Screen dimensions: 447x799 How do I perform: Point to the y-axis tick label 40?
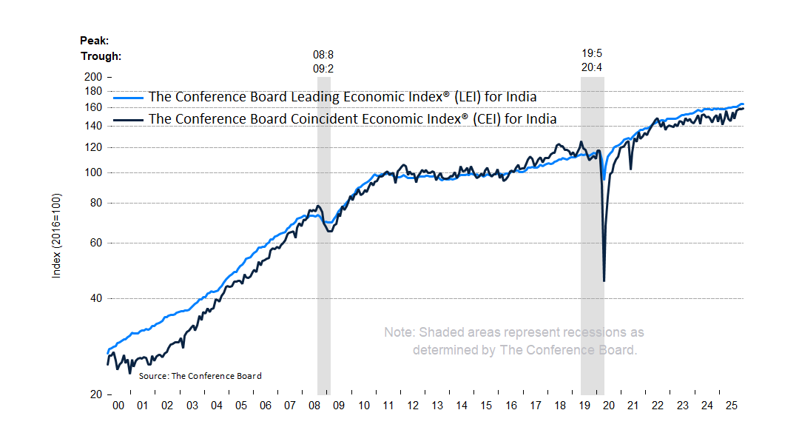(95, 298)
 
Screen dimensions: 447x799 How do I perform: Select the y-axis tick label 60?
(95, 243)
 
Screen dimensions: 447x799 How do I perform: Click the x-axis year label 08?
(314, 406)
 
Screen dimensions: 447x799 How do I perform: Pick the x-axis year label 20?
(608, 406)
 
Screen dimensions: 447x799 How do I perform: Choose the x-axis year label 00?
(118, 406)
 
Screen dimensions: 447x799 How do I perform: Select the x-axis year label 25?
(730, 406)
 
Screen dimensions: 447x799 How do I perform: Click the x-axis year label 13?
(436, 406)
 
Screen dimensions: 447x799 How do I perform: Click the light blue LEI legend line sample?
(128, 97)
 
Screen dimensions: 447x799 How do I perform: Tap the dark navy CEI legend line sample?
(128, 119)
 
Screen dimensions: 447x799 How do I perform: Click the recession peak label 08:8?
(323, 54)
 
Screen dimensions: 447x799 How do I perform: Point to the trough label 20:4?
(593, 67)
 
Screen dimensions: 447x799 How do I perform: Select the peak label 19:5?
(593, 54)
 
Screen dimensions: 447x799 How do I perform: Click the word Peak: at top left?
(94, 40)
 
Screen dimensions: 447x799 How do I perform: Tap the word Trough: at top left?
(101, 56)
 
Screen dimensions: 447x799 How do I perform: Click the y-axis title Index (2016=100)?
(56, 236)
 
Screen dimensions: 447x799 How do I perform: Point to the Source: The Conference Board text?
(200, 376)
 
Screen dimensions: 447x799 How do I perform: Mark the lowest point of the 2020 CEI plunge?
(604, 280)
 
